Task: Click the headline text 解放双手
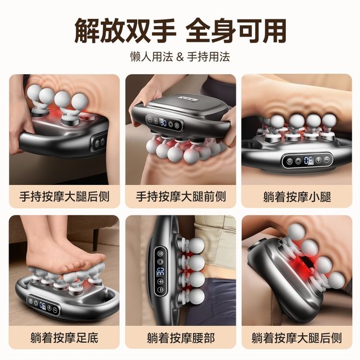click(x=125, y=31)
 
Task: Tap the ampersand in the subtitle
click(x=180, y=57)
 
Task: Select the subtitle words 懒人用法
click(x=152, y=57)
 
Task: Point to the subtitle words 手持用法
click(x=208, y=57)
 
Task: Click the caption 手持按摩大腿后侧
click(x=64, y=197)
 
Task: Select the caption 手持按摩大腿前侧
click(x=181, y=197)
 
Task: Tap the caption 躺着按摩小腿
click(x=297, y=197)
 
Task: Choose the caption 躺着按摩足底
click(x=64, y=338)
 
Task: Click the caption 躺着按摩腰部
click(x=181, y=338)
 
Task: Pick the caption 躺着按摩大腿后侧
click(x=297, y=338)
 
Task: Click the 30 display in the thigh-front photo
click(x=163, y=123)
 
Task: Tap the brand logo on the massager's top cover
click(x=185, y=99)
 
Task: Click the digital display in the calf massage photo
click(x=308, y=160)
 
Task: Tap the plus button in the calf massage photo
click(x=319, y=160)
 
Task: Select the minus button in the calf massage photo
click(x=327, y=159)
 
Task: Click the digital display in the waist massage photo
click(x=160, y=271)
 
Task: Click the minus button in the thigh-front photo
click(x=149, y=120)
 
